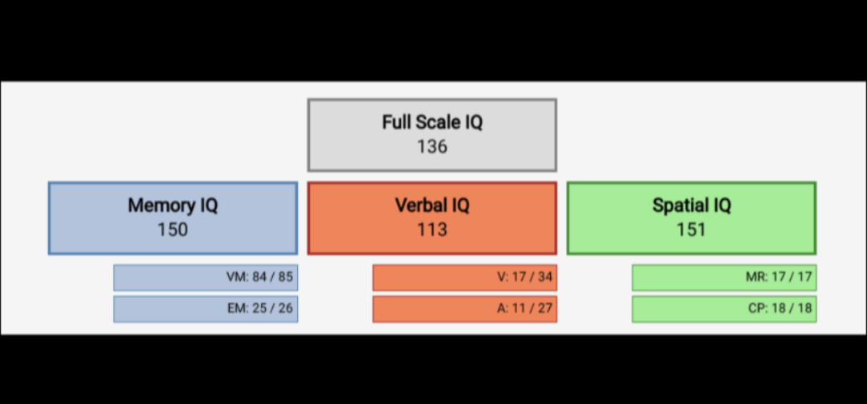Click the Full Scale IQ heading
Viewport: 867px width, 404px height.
[432, 123]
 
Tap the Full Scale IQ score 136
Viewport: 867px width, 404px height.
[432, 147]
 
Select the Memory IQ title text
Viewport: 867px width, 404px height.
[173, 206]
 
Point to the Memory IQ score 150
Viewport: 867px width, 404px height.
[173, 230]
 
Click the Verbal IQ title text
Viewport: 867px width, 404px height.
[432, 206]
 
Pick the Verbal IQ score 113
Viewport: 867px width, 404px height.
[432, 230]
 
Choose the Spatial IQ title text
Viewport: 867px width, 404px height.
[691, 206]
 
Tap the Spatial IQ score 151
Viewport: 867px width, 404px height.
[691, 230]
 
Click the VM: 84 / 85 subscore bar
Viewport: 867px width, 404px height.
[206, 278]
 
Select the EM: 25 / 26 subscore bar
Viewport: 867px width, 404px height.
[206, 309]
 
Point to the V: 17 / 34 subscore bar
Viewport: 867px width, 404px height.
[465, 278]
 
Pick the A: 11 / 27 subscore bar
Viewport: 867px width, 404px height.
[465, 309]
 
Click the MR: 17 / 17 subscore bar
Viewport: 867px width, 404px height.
[724, 278]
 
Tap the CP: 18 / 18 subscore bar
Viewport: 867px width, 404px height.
[724, 309]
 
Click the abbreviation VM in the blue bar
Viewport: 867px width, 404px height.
[236, 278]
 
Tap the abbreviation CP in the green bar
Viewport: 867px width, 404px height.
[756, 309]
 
